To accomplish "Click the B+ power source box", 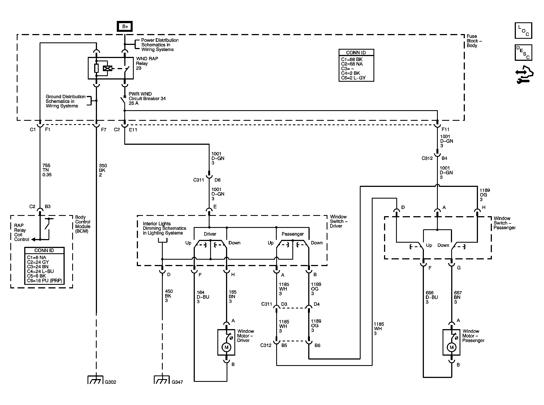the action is click(125, 26).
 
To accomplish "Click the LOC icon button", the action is click(523, 30).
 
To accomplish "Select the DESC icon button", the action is click(523, 52).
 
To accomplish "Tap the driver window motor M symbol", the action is click(226, 347).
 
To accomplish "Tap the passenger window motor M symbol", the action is click(451, 347).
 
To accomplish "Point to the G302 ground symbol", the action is click(96, 380).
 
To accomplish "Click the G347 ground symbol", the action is click(162, 380).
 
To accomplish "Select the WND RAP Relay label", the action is click(147, 63).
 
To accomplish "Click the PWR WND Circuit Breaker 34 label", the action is click(147, 98).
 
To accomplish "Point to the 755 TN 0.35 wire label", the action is click(47, 170).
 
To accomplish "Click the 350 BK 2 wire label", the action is click(103, 170).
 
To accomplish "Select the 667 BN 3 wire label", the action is click(458, 297).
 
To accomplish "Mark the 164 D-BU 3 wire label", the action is click(203, 297).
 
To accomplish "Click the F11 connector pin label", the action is click(445, 129).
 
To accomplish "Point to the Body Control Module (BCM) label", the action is click(83, 224).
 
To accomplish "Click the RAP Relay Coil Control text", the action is click(22, 232).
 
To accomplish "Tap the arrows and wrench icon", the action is click(524, 75).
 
